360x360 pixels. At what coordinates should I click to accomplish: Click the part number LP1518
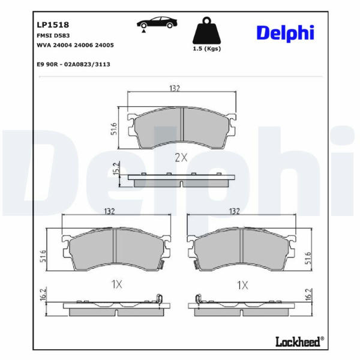point(53,25)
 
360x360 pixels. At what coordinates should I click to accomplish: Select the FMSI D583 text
point(53,35)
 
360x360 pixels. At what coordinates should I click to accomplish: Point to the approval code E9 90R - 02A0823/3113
point(73,64)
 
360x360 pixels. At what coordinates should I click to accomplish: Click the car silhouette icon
point(157,23)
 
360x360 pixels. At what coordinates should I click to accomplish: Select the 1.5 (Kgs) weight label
point(206,49)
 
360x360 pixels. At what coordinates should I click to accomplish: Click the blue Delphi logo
point(286,33)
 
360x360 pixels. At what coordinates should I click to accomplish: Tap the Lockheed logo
point(299,341)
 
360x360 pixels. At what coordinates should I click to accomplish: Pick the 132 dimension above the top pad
point(175,88)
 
